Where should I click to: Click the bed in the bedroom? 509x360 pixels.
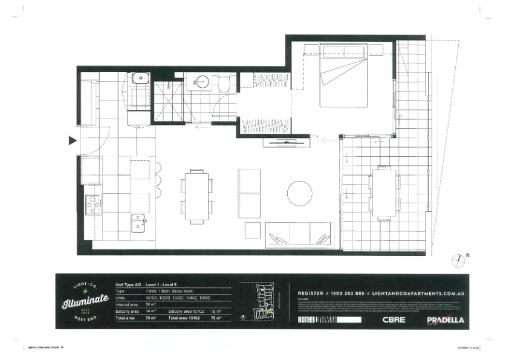pos(344,77)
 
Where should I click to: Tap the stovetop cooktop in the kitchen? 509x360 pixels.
pos(94,205)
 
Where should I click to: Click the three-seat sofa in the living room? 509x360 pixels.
pos(299,233)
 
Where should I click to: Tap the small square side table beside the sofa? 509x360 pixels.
pos(253,231)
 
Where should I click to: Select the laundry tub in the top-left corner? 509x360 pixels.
pos(140,78)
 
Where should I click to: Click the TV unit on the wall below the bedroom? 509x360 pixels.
pos(281,142)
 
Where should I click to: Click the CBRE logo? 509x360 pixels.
pos(395,319)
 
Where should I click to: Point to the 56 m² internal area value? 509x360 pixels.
pos(149,305)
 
